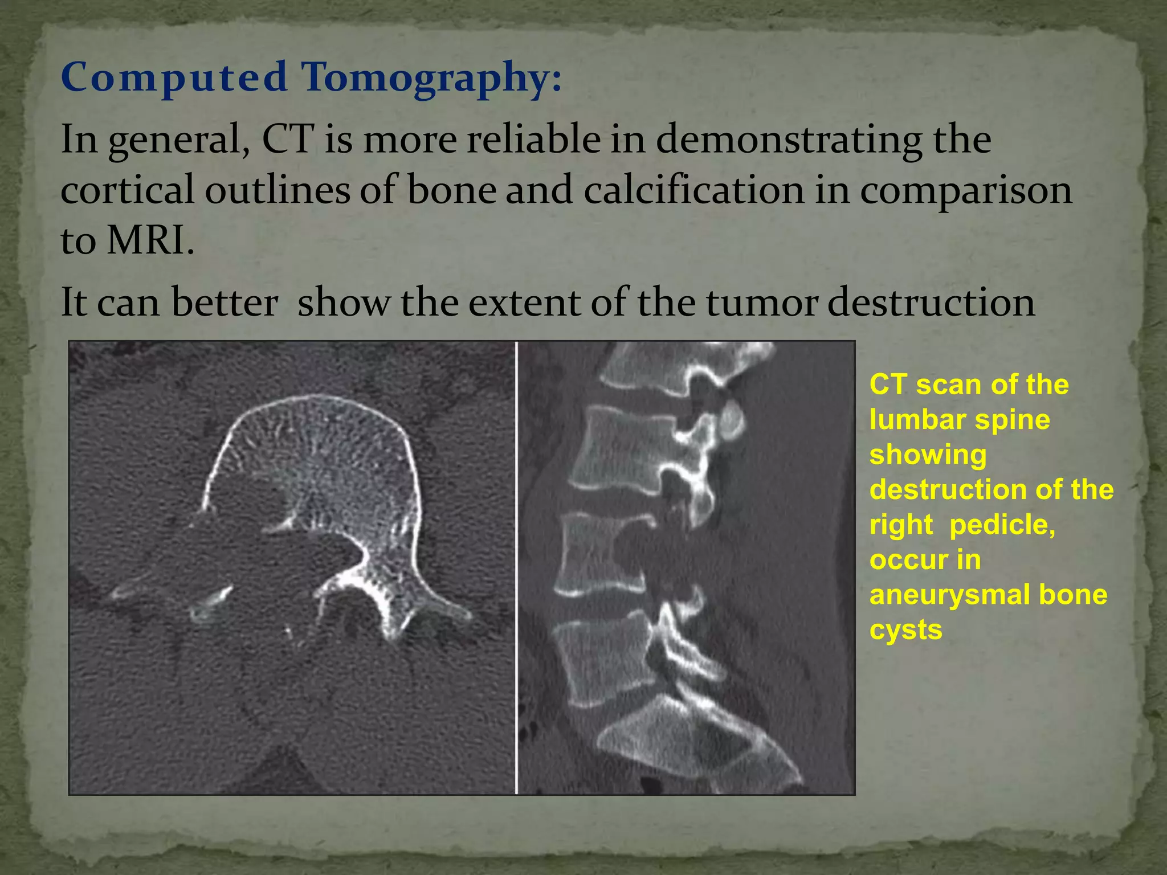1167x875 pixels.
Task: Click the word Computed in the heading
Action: point(174,77)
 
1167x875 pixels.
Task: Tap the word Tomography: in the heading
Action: point(431,77)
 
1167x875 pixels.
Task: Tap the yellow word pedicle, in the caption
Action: point(1002,525)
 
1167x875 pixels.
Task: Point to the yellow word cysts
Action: point(905,629)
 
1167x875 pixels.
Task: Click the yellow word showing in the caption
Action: point(928,455)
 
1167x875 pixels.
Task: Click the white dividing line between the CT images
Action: point(516,567)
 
